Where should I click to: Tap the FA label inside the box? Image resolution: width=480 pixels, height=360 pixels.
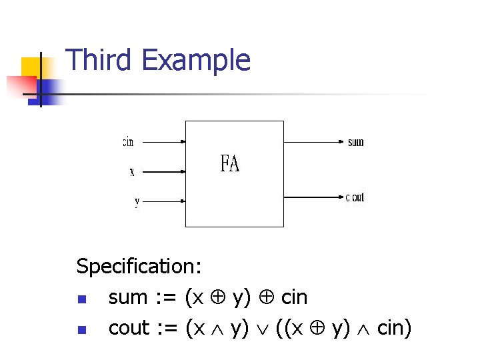pyautogui.click(x=230, y=164)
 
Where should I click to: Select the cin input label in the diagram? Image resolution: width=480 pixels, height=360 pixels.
pyautogui.click(x=128, y=142)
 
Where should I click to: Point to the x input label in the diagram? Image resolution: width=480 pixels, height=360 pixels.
pyautogui.click(x=132, y=172)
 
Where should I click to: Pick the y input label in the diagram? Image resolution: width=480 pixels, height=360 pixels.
pyautogui.click(x=137, y=201)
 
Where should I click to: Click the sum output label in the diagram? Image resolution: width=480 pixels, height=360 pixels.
pyautogui.click(x=356, y=142)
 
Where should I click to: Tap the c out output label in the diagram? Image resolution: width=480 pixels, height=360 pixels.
pyautogui.click(x=355, y=197)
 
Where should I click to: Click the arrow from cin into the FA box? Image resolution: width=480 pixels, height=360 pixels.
pyautogui.click(x=164, y=142)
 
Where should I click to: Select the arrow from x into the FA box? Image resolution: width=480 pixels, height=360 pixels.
pyautogui.click(x=164, y=171)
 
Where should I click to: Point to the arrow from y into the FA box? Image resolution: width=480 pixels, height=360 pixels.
pyautogui.click(x=164, y=200)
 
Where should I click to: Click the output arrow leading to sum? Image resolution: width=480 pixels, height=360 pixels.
pyautogui.click(x=313, y=142)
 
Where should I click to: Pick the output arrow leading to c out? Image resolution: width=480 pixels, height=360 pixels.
pyautogui.click(x=313, y=197)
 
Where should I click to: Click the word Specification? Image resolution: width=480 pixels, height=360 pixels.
pyautogui.click(x=139, y=267)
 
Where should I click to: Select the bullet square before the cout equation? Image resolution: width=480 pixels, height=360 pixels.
pyautogui.click(x=81, y=329)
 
